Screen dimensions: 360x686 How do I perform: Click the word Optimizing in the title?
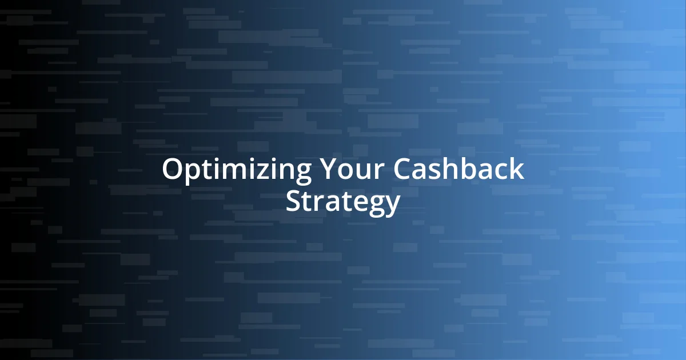pyautogui.click(x=237, y=170)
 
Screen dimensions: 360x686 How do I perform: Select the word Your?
pyautogui.click(x=348, y=170)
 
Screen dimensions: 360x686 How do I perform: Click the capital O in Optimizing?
pyautogui.click(x=171, y=170)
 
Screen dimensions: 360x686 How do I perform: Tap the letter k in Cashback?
pyautogui.click(x=516, y=170)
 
